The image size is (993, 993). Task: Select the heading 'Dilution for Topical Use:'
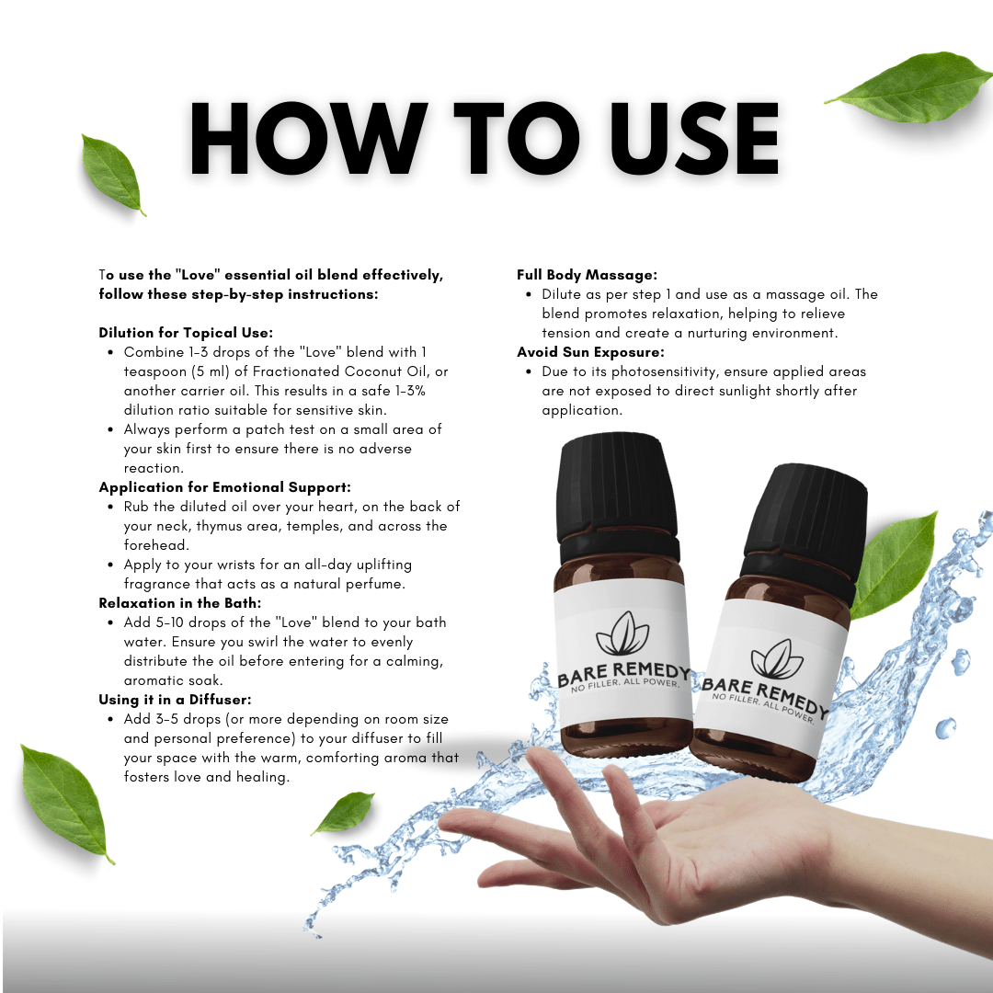[186, 333]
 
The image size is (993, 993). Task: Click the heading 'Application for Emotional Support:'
[225, 487]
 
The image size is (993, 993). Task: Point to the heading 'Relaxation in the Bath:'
[180, 603]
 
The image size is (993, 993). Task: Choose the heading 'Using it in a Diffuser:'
[175, 700]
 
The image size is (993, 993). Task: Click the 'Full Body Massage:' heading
[587, 275]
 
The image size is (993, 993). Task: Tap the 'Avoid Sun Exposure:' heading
[591, 352]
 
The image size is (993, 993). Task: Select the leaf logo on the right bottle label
[777, 659]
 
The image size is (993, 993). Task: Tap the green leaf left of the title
[112, 174]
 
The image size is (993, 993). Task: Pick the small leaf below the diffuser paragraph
[345, 812]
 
